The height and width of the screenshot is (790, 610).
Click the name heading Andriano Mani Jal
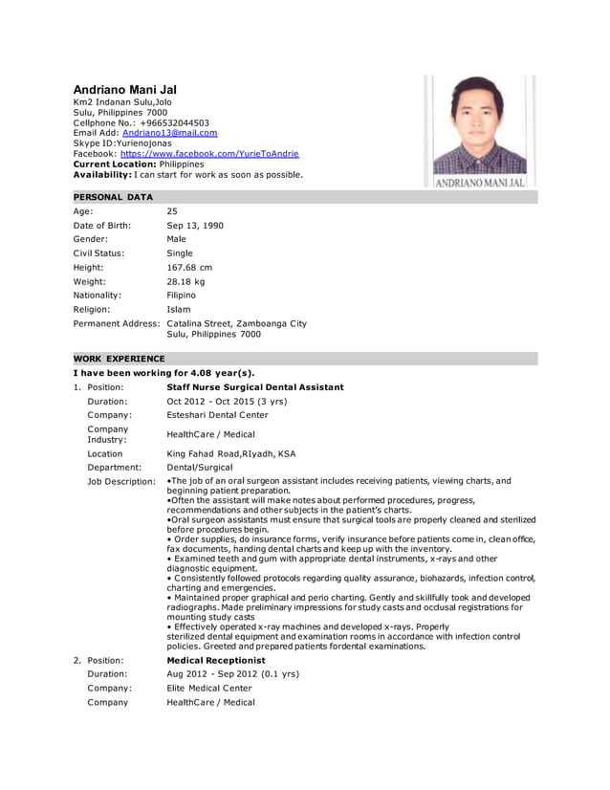point(125,90)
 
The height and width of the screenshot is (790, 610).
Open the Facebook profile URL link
point(209,153)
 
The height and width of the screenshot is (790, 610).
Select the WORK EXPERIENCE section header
point(120,359)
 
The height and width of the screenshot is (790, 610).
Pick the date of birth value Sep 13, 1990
point(199,226)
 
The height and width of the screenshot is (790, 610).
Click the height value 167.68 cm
point(189,268)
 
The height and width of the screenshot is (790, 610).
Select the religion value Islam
point(179,310)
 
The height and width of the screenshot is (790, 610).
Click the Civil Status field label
point(98,253)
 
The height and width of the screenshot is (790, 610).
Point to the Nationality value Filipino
point(182,296)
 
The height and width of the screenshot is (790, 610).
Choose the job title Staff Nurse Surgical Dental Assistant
point(255,387)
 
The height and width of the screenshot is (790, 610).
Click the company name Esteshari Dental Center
point(217,415)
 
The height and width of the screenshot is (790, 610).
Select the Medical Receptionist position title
point(215,660)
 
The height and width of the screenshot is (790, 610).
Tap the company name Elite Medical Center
point(209,688)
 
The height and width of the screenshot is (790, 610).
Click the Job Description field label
point(121,481)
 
